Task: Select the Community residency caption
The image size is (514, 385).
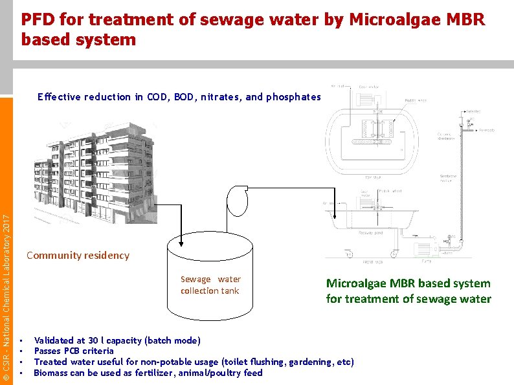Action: click(x=78, y=255)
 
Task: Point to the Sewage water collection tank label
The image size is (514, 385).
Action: click(x=210, y=285)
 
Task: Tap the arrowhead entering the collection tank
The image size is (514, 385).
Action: click(x=181, y=245)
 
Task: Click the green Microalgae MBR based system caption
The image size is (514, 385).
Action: click(x=408, y=291)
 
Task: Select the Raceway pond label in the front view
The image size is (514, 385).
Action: click(x=371, y=231)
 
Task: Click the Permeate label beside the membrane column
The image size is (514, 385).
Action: click(x=487, y=130)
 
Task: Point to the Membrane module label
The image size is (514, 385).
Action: click(x=448, y=179)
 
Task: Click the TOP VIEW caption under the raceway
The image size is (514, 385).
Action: click(x=373, y=177)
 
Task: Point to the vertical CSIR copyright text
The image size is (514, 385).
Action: click(x=6, y=298)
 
